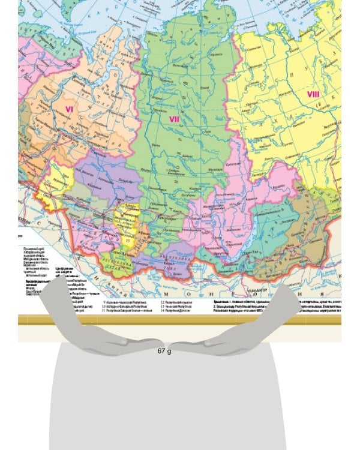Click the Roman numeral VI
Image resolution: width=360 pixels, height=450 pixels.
pyautogui.click(x=69, y=109)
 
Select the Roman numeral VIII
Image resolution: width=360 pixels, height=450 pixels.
pyautogui.click(x=313, y=94)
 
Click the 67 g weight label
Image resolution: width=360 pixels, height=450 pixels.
pyautogui.click(x=164, y=350)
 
